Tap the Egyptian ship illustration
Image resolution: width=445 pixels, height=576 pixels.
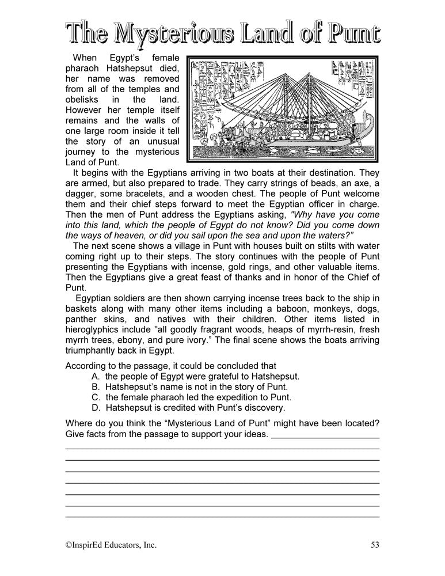point(283,108)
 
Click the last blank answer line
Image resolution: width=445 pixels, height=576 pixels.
point(222,516)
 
